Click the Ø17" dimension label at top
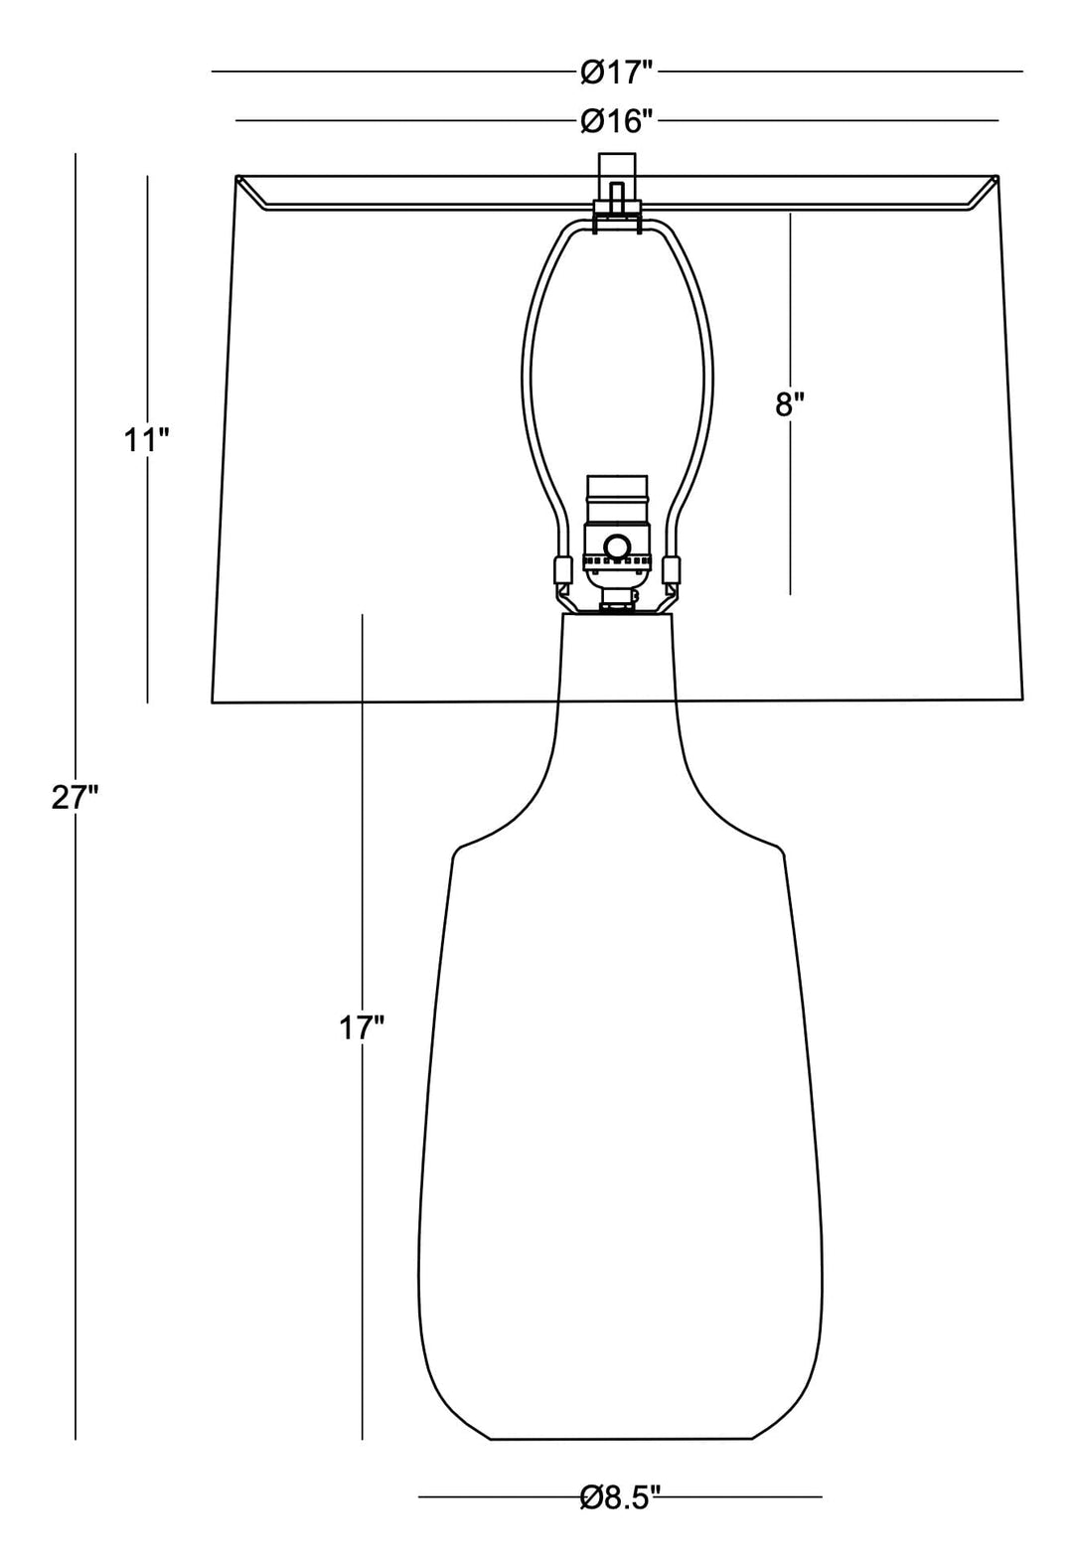[617, 72]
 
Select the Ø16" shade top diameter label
[617, 121]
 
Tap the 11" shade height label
[147, 439]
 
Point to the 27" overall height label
[75, 797]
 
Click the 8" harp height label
[790, 404]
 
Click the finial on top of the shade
[616, 179]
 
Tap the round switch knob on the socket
[616, 546]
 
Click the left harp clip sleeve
[560, 571]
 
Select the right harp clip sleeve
[673, 571]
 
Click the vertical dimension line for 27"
[76, 1093]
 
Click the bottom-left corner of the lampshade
[214, 702]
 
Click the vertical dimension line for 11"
[148, 596]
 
